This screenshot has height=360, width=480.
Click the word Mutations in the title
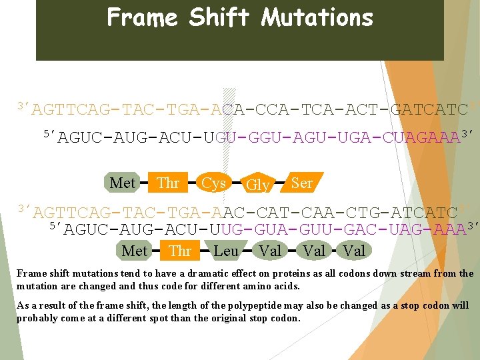pos(317,17)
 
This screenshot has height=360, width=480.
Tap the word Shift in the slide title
pos(219,17)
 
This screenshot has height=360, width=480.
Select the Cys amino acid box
pos(213,183)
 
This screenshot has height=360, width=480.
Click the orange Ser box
pos(302,182)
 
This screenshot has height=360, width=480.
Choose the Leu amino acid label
pos(225,251)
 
